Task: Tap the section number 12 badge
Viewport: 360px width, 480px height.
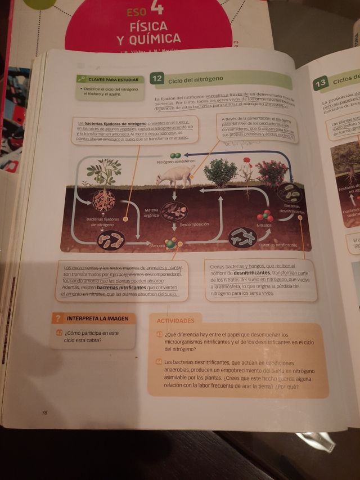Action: click(x=157, y=79)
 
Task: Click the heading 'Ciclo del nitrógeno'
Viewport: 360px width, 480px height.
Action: click(x=196, y=80)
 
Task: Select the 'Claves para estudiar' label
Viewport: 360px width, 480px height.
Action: click(x=110, y=80)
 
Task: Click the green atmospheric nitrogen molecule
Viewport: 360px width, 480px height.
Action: click(x=175, y=155)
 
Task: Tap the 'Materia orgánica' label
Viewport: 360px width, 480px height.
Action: click(x=151, y=212)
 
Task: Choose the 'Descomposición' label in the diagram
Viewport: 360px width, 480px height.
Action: click(x=193, y=224)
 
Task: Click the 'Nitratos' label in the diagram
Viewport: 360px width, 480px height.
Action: click(x=264, y=225)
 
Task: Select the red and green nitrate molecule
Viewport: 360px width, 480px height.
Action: click(x=264, y=216)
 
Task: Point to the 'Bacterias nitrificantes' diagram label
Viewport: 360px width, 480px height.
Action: click(x=278, y=245)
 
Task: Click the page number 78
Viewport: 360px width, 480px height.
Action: click(x=44, y=412)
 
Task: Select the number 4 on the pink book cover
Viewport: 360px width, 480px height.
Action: click(x=157, y=7)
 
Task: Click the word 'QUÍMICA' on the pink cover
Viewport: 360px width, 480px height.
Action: click(x=149, y=39)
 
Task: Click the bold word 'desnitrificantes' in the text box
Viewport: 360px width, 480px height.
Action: click(x=252, y=272)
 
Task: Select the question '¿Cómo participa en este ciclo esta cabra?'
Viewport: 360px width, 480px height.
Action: click(x=91, y=337)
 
